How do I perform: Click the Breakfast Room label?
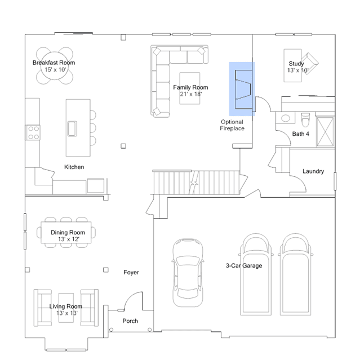click(54, 63)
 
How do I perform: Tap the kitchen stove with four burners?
click(33, 133)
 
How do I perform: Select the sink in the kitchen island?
click(72, 128)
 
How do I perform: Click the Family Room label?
click(190, 87)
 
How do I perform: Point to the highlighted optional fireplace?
click(242, 89)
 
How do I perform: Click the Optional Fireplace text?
click(232, 125)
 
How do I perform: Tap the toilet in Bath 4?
click(305, 119)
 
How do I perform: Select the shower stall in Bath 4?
click(325, 132)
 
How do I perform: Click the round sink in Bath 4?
click(286, 118)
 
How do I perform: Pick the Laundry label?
click(313, 171)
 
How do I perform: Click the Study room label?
click(296, 64)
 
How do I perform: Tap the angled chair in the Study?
click(310, 63)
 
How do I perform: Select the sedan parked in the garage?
click(188, 273)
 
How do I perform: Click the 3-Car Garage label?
click(244, 266)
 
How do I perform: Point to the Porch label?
click(130, 321)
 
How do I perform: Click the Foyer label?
click(131, 272)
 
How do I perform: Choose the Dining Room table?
click(66, 233)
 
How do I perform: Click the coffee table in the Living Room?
click(66, 308)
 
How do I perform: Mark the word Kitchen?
click(74, 167)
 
